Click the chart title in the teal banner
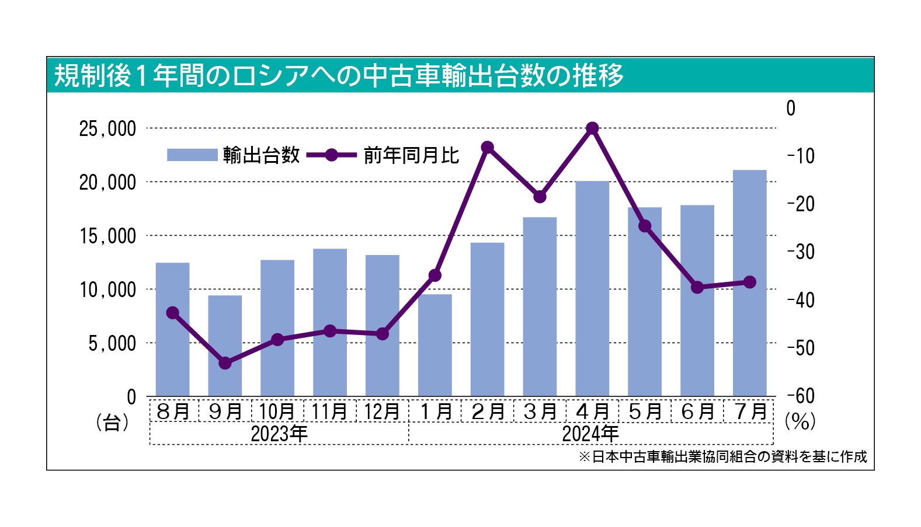pyautogui.click(x=339, y=75)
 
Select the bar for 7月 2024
pyautogui.click(x=749, y=283)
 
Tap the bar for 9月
pyautogui.click(x=225, y=345)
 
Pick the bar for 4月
pyautogui.click(x=592, y=289)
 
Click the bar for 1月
pyautogui.click(x=435, y=345)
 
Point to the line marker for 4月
pyautogui.click(x=592, y=128)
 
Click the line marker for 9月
pyautogui.click(x=225, y=363)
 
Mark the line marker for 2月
pyautogui.click(x=488, y=147)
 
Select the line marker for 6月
pyautogui.click(x=697, y=287)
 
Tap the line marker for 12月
pyautogui.click(x=383, y=334)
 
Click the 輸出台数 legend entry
pyautogui.click(x=234, y=155)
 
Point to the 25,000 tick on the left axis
pyautogui.click(x=107, y=129)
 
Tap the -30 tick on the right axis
pyautogui.click(x=800, y=252)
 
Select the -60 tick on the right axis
pyautogui.click(x=800, y=396)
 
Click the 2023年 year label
pyautogui.click(x=279, y=434)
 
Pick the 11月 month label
pyautogui.click(x=330, y=411)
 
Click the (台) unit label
pyautogui.click(x=112, y=422)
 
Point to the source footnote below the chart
pyautogui.click(x=722, y=456)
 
